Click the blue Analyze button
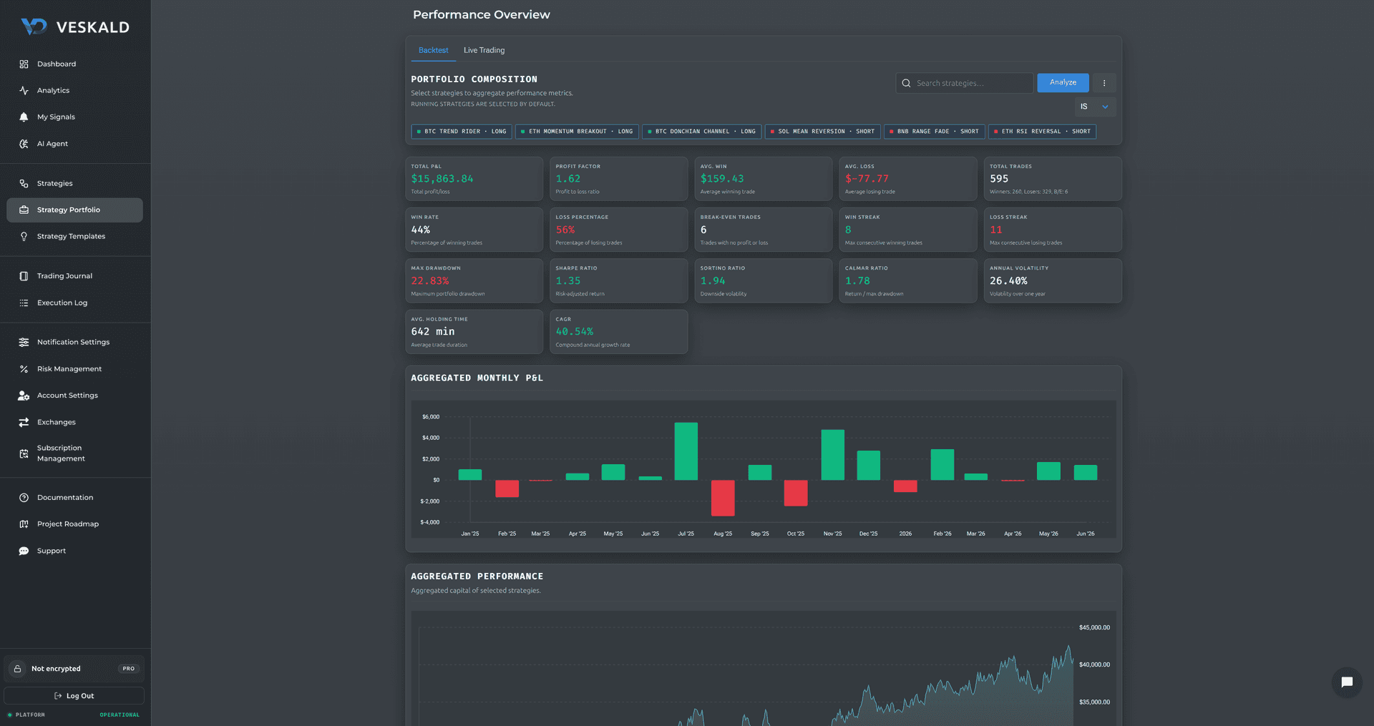pos(1063,83)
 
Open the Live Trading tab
pos(484,50)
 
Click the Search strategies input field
pos(964,83)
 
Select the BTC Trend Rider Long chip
pos(462,132)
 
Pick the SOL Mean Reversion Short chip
pos(823,132)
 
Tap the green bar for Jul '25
pos(686,451)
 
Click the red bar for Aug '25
pos(723,498)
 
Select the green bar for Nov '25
pos(832,455)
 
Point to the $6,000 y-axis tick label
pos(431,416)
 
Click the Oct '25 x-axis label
pos(796,534)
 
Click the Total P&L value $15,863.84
pos(442,179)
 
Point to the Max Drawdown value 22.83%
pos(430,281)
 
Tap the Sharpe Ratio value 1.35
pos(568,281)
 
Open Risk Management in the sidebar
pos(69,369)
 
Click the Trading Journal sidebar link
pos(64,276)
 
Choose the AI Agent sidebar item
pos(52,144)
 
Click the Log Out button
pos(74,696)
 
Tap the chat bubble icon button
pos(1347,682)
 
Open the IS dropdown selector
pos(1095,107)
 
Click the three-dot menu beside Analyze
pos(1104,83)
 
